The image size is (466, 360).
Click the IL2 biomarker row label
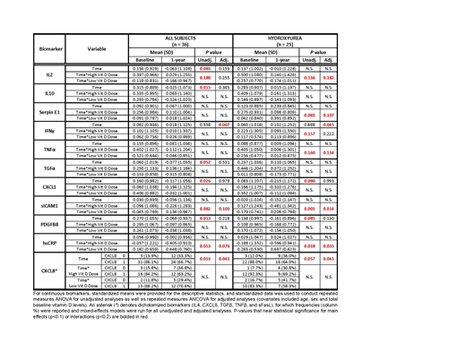(x=50, y=78)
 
